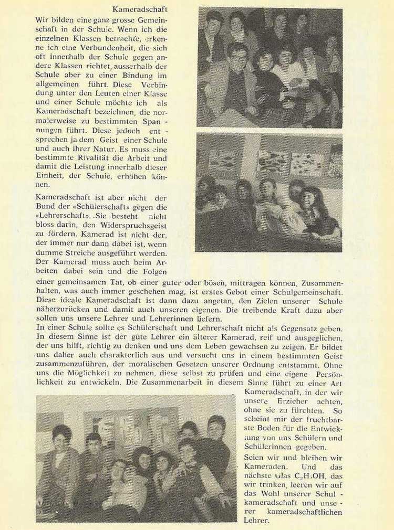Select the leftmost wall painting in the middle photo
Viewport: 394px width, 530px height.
pos(222,160)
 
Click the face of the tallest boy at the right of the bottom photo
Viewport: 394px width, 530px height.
pos(215,428)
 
